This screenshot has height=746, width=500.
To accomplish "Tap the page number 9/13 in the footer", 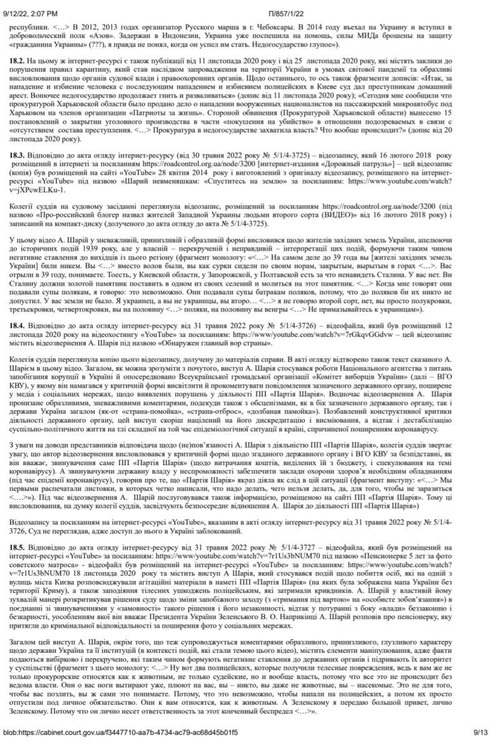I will click(482, 732).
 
